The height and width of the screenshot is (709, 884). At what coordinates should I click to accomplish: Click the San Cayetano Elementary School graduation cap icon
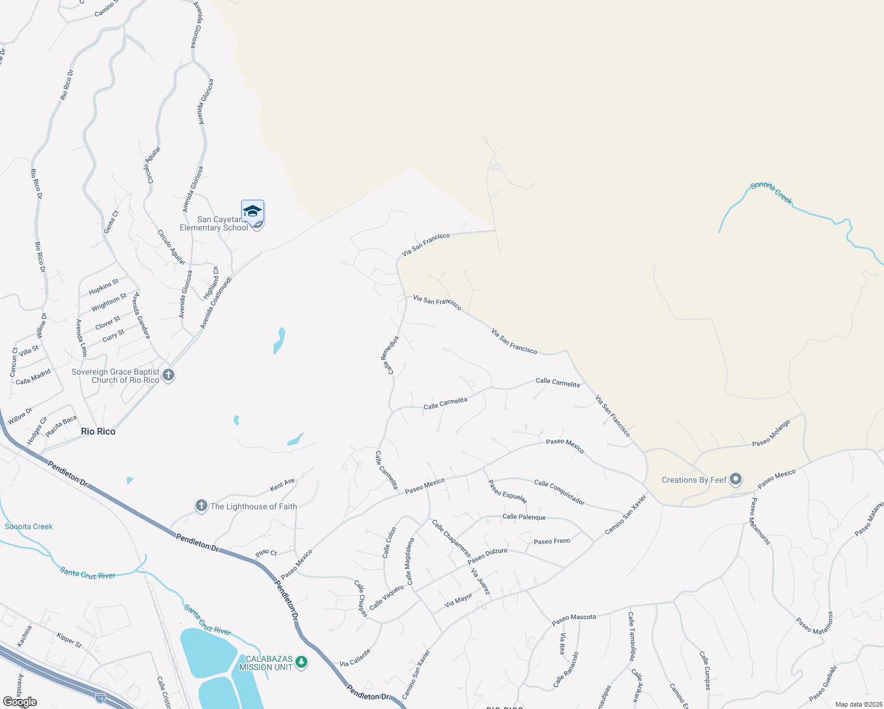click(x=252, y=212)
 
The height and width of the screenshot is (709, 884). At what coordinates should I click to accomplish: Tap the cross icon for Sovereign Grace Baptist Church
click(x=168, y=375)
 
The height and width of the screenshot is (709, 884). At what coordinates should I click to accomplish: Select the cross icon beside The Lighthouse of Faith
click(x=201, y=506)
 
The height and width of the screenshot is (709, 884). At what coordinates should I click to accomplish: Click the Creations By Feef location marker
click(x=736, y=479)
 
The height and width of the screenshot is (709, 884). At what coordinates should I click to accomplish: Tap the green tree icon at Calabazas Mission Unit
click(x=301, y=662)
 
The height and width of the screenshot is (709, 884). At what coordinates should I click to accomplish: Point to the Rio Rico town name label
click(x=98, y=432)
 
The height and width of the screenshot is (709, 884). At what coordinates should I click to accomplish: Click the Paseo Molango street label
click(x=771, y=434)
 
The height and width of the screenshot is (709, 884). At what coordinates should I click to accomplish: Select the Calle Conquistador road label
click(x=559, y=492)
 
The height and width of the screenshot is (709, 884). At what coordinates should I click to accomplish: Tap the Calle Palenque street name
click(x=524, y=517)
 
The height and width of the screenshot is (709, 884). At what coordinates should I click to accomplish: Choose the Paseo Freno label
click(x=551, y=541)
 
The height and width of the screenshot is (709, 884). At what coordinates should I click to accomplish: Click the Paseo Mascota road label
click(x=574, y=617)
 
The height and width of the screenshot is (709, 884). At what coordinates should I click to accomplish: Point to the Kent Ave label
click(x=282, y=485)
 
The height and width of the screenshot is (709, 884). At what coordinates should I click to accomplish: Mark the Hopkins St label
click(x=103, y=287)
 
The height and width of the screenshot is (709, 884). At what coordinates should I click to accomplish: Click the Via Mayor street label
click(x=459, y=600)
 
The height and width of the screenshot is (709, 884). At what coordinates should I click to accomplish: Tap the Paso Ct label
click(x=266, y=553)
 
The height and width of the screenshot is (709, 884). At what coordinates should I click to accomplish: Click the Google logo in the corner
click(x=20, y=702)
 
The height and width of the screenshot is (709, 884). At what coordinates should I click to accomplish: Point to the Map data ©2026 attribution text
click(x=857, y=704)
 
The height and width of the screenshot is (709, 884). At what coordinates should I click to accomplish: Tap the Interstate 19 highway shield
click(x=100, y=698)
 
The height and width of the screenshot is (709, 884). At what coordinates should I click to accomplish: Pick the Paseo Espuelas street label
click(x=507, y=491)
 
